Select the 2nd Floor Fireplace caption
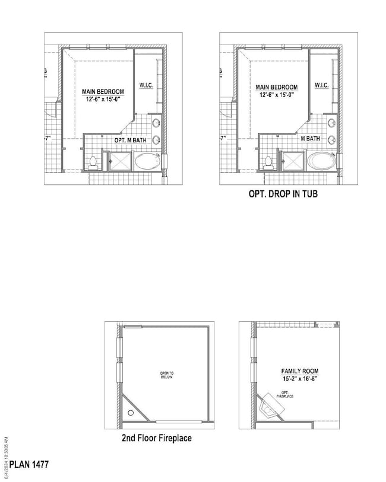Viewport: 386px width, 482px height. point(156,439)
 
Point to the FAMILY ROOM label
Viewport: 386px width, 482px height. point(300,372)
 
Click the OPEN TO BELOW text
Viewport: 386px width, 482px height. point(167,376)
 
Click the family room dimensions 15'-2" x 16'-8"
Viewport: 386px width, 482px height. point(300,379)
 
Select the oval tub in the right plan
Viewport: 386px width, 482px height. point(321,161)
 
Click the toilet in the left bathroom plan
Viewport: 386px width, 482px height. point(93,162)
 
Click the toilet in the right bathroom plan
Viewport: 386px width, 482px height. point(268,162)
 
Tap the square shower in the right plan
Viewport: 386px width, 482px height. point(293,161)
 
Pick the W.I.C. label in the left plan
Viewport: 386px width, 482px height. point(147,85)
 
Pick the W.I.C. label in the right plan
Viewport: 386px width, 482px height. point(322,85)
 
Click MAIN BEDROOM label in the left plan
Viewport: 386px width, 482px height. point(103,91)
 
